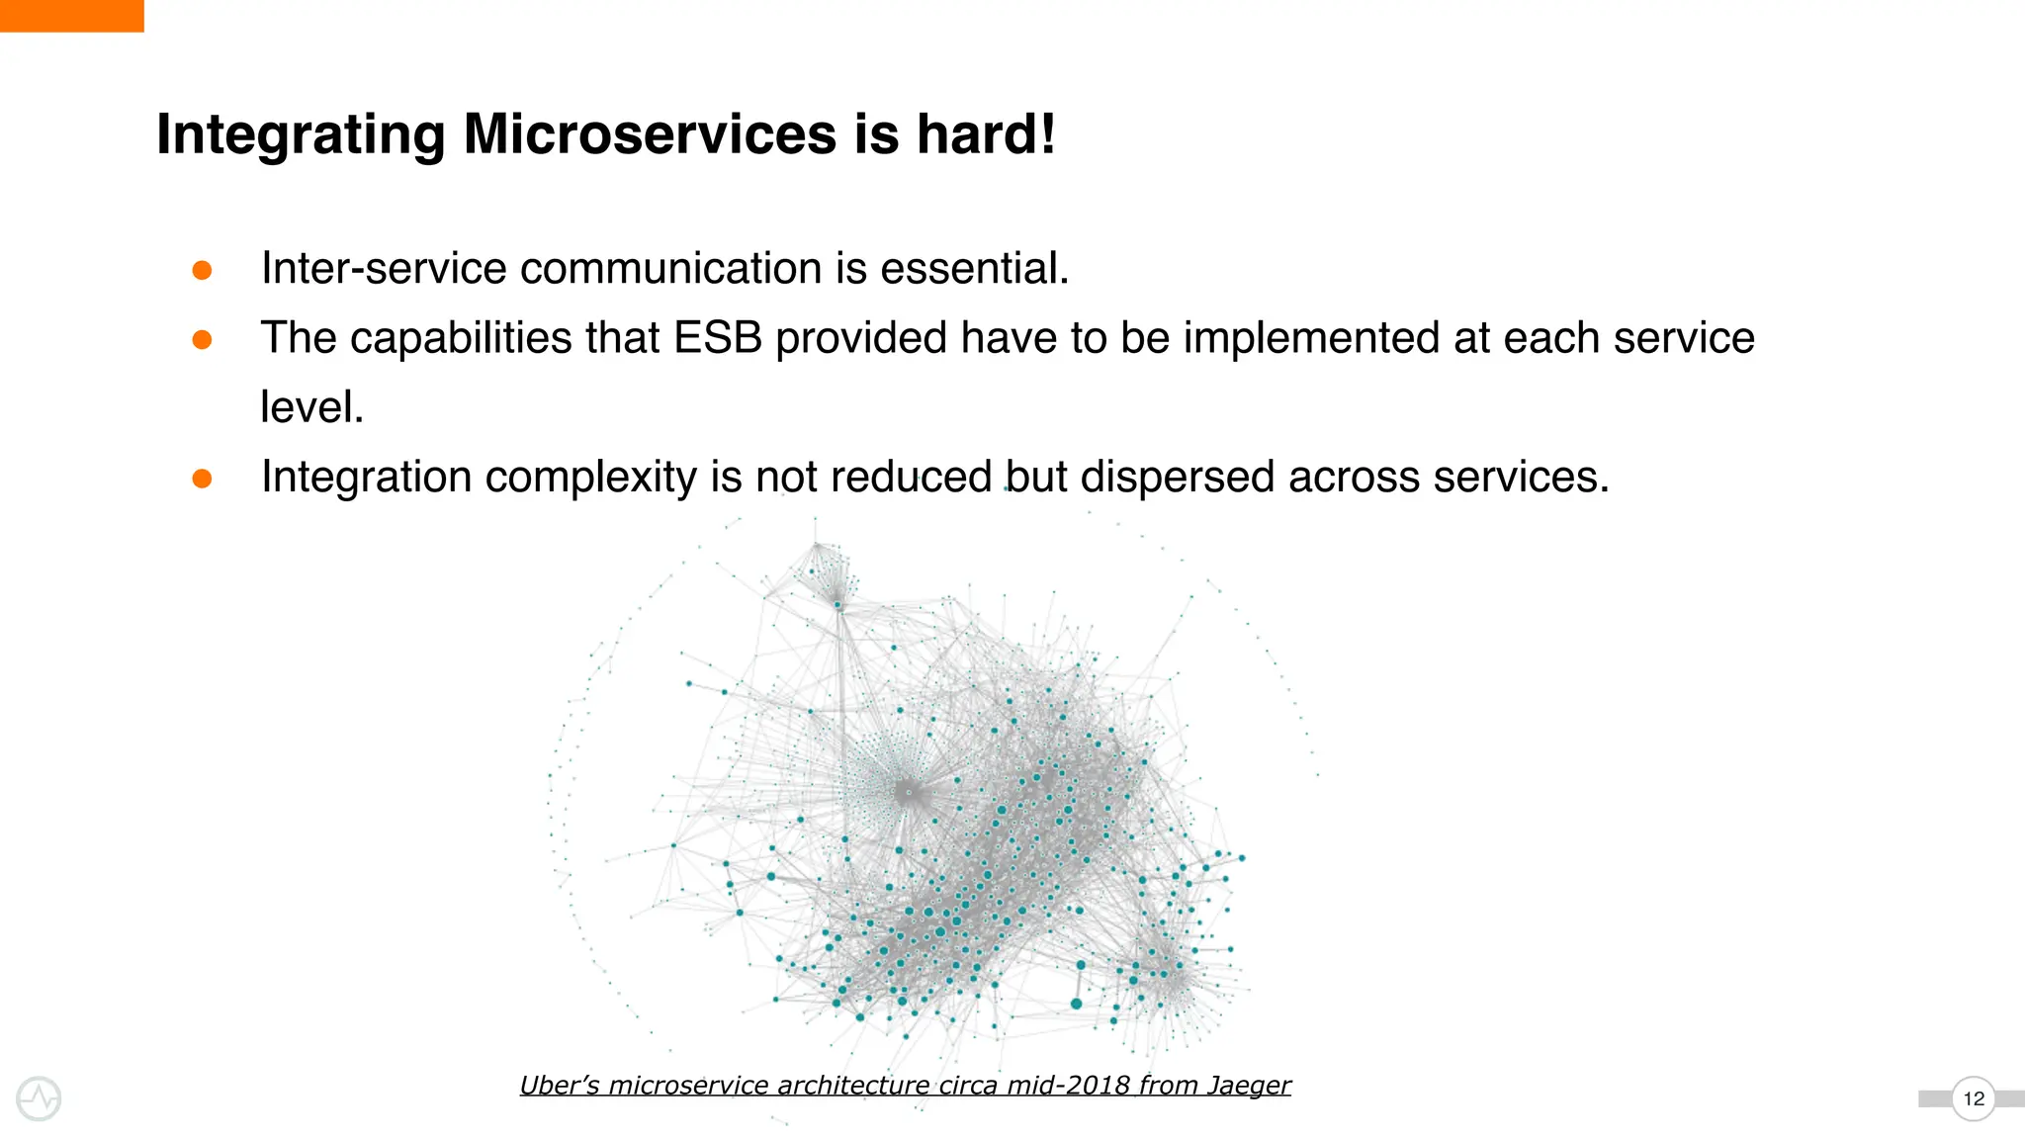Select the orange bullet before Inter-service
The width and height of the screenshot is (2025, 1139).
[202, 270]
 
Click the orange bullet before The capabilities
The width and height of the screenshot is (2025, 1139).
[202, 340]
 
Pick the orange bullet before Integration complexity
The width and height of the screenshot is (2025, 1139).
[202, 479]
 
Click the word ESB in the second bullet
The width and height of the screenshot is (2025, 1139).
[718, 338]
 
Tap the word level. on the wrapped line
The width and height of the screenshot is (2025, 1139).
[312, 407]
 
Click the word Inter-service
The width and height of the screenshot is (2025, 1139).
[384, 269]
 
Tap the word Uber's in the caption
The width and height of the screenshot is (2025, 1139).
[559, 1086]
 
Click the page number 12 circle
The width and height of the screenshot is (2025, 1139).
[1973, 1098]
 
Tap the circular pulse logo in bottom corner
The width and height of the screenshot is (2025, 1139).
[40, 1098]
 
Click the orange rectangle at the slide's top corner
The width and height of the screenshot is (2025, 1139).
[71, 16]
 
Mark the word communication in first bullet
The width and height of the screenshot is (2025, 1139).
[671, 269]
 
